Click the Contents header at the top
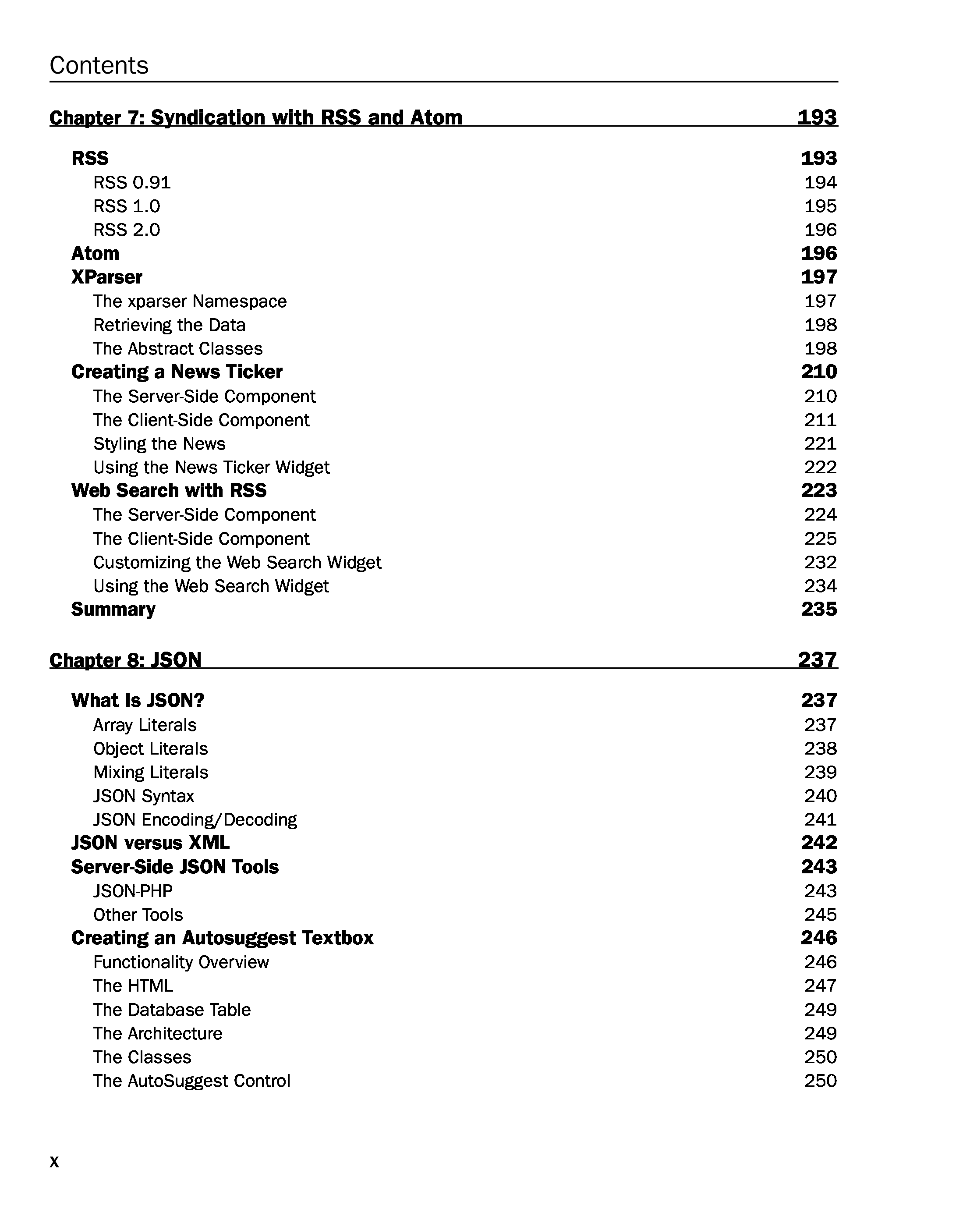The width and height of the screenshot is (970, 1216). pos(99,65)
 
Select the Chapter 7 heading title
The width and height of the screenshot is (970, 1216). pos(255,117)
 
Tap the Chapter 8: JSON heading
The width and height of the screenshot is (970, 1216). pos(125,659)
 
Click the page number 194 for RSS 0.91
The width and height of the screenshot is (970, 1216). pos(820,182)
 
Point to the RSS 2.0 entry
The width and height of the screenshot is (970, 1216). pos(127,230)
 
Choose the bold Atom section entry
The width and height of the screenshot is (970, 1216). pos(96,253)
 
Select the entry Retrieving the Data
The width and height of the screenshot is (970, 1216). pos(169,325)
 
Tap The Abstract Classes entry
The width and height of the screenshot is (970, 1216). pos(177,348)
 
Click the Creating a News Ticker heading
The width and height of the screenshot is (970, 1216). pos(177,372)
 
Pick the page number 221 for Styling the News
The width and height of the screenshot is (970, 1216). pos(820,443)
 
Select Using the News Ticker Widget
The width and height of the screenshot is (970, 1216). pos(212,467)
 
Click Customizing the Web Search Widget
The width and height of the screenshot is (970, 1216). pos(237,562)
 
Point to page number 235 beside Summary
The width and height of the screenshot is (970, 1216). pos(819,609)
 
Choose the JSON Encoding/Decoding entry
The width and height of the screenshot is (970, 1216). pos(195,819)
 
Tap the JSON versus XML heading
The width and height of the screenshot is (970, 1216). pos(150,843)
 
